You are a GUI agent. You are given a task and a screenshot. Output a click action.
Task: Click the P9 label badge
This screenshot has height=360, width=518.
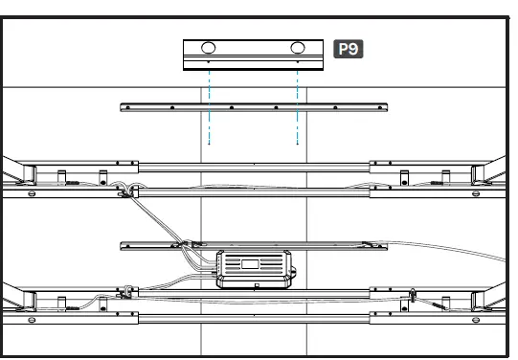pyautogui.click(x=349, y=48)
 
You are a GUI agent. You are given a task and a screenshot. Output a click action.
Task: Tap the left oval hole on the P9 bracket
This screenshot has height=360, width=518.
pyautogui.click(x=208, y=48)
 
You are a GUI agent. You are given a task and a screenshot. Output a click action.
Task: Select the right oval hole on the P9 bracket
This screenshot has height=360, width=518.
pyautogui.click(x=299, y=48)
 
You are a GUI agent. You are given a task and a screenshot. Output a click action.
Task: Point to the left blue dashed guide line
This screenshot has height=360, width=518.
pyautogui.click(x=209, y=105)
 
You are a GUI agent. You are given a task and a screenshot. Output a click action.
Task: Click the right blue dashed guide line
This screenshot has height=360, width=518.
pyautogui.click(x=298, y=105)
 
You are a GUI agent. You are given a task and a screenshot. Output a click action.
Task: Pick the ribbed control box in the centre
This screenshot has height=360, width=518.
pyautogui.click(x=253, y=268)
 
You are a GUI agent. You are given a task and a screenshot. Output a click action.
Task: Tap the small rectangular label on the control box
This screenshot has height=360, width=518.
pyautogui.click(x=252, y=262)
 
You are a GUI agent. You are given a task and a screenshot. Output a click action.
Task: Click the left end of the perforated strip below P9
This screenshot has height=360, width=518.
pyautogui.click(x=125, y=107)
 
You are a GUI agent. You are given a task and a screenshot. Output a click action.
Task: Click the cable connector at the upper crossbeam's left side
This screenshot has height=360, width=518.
pyautogui.click(x=124, y=192)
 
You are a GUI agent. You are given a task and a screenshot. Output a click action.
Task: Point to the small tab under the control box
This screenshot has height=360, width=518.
pyautogui.click(x=256, y=286)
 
